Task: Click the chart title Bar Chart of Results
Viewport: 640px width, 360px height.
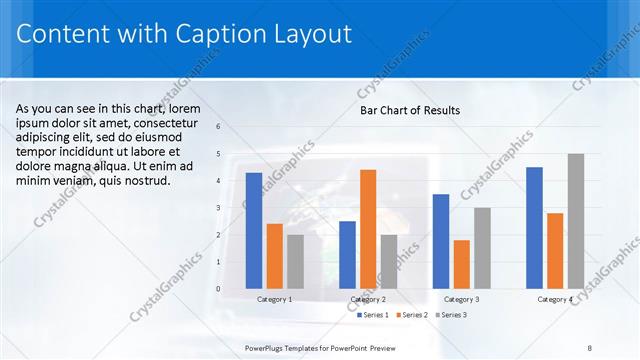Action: pyautogui.click(x=410, y=110)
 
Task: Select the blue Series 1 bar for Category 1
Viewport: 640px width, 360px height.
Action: pyautogui.click(x=254, y=230)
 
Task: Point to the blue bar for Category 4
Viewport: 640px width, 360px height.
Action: pyautogui.click(x=534, y=227)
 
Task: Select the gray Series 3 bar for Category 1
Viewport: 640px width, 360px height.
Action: pyautogui.click(x=295, y=261)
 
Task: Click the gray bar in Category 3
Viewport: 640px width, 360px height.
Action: pyautogui.click(x=482, y=247)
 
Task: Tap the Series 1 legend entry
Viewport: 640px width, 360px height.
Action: pyautogui.click(x=373, y=315)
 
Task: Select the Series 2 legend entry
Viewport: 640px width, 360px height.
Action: pyautogui.click(x=412, y=315)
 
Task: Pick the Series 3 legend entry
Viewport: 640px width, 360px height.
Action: pyautogui.click(x=451, y=315)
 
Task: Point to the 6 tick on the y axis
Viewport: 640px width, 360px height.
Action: pyautogui.click(x=218, y=127)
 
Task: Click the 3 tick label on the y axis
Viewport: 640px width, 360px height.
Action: pyautogui.click(x=218, y=208)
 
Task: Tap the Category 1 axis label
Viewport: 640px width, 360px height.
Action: pyautogui.click(x=275, y=299)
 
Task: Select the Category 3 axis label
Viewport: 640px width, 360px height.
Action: pyautogui.click(x=461, y=299)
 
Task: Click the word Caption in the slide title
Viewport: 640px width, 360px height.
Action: pyautogui.click(x=221, y=34)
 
